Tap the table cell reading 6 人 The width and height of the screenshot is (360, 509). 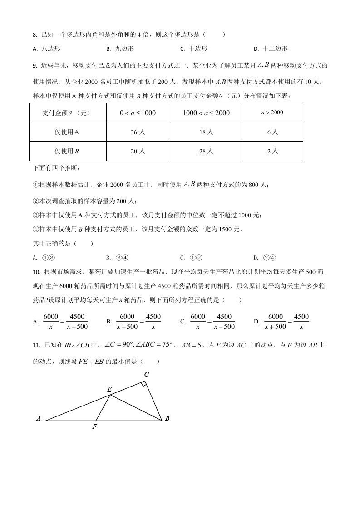click(x=272, y=132)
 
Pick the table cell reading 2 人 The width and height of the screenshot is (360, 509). click(x=272, y=152)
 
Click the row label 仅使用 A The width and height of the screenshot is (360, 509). click(x=67, y=132)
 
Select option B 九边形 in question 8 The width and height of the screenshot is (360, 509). click(x=120, y=49)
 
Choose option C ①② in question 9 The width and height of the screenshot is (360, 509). click(x=191, y=258)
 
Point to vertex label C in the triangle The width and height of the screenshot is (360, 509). click(x=146, y=374)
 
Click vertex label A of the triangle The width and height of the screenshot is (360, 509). click(x=39, y=419)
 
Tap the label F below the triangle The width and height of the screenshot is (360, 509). click(x=94, y=427)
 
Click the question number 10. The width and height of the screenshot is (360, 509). click(x=37, y=272)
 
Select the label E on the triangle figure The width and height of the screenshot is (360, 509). click(x=109, y=389)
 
